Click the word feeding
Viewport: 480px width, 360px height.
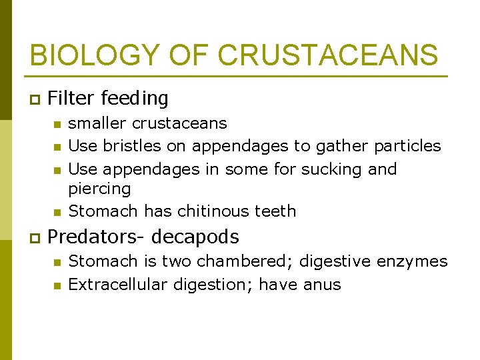point(135,99)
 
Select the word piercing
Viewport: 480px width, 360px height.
point(100,189)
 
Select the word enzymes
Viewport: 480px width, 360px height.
point(413,261)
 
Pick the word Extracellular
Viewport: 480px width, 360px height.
point(119,285)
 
